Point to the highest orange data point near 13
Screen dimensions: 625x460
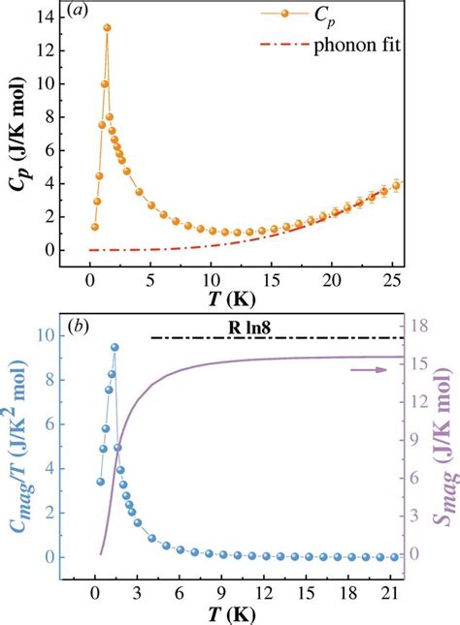click(107, 28)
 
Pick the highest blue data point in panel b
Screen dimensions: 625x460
click(115, 347)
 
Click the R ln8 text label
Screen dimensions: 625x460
click(250, 328)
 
